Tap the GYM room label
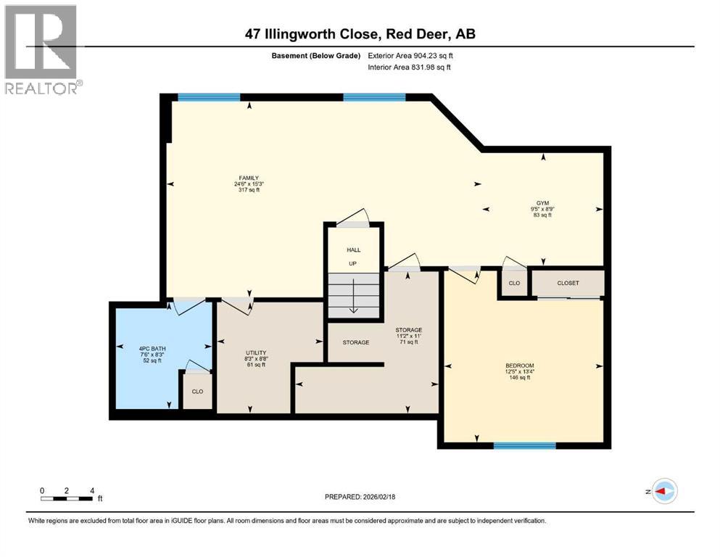[542, 202]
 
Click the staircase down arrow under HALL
[353, 300]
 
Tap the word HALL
[353, 250]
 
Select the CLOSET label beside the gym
[568, 283]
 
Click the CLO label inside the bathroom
[197, 391]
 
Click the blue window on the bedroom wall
[524, 445]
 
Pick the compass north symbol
[663, 492]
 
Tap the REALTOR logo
[42, 50]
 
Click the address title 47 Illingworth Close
[360, 33]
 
